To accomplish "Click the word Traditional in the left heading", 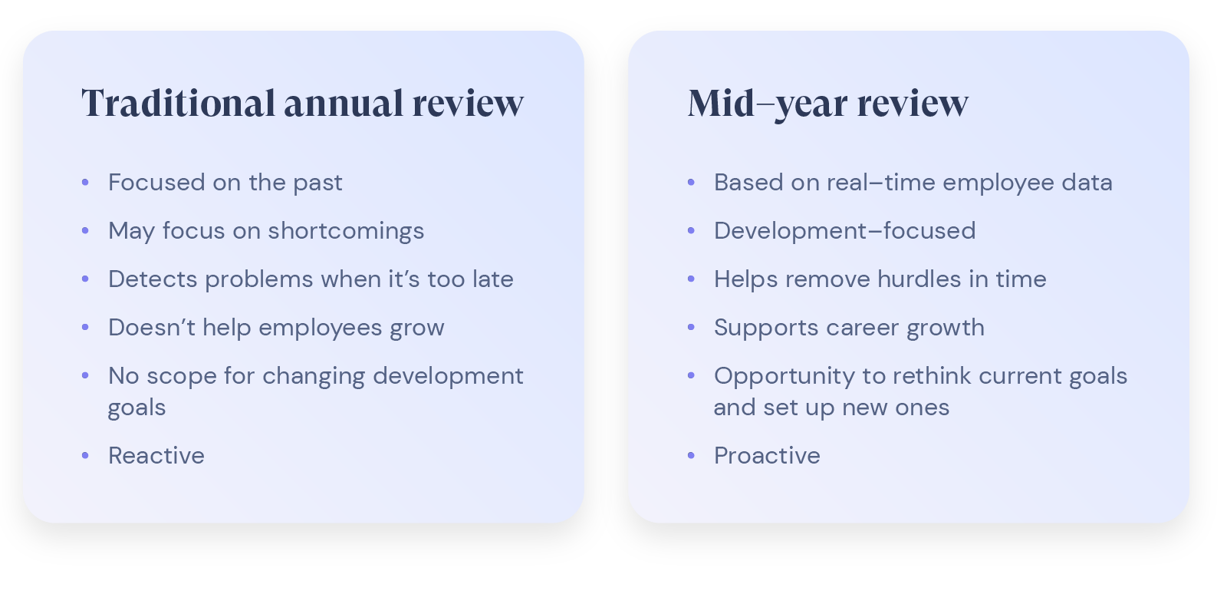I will (178, 104).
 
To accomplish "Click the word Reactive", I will (156, 456).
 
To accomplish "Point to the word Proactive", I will (767, 456).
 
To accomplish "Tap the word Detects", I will (153, 279).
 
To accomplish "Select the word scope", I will (182, 376).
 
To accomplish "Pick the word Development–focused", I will (844, 231).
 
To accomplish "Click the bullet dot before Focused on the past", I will (85, 183).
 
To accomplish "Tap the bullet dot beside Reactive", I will (85, 456).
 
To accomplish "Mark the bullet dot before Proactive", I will (691, 456).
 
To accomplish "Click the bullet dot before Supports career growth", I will (691, 328).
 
